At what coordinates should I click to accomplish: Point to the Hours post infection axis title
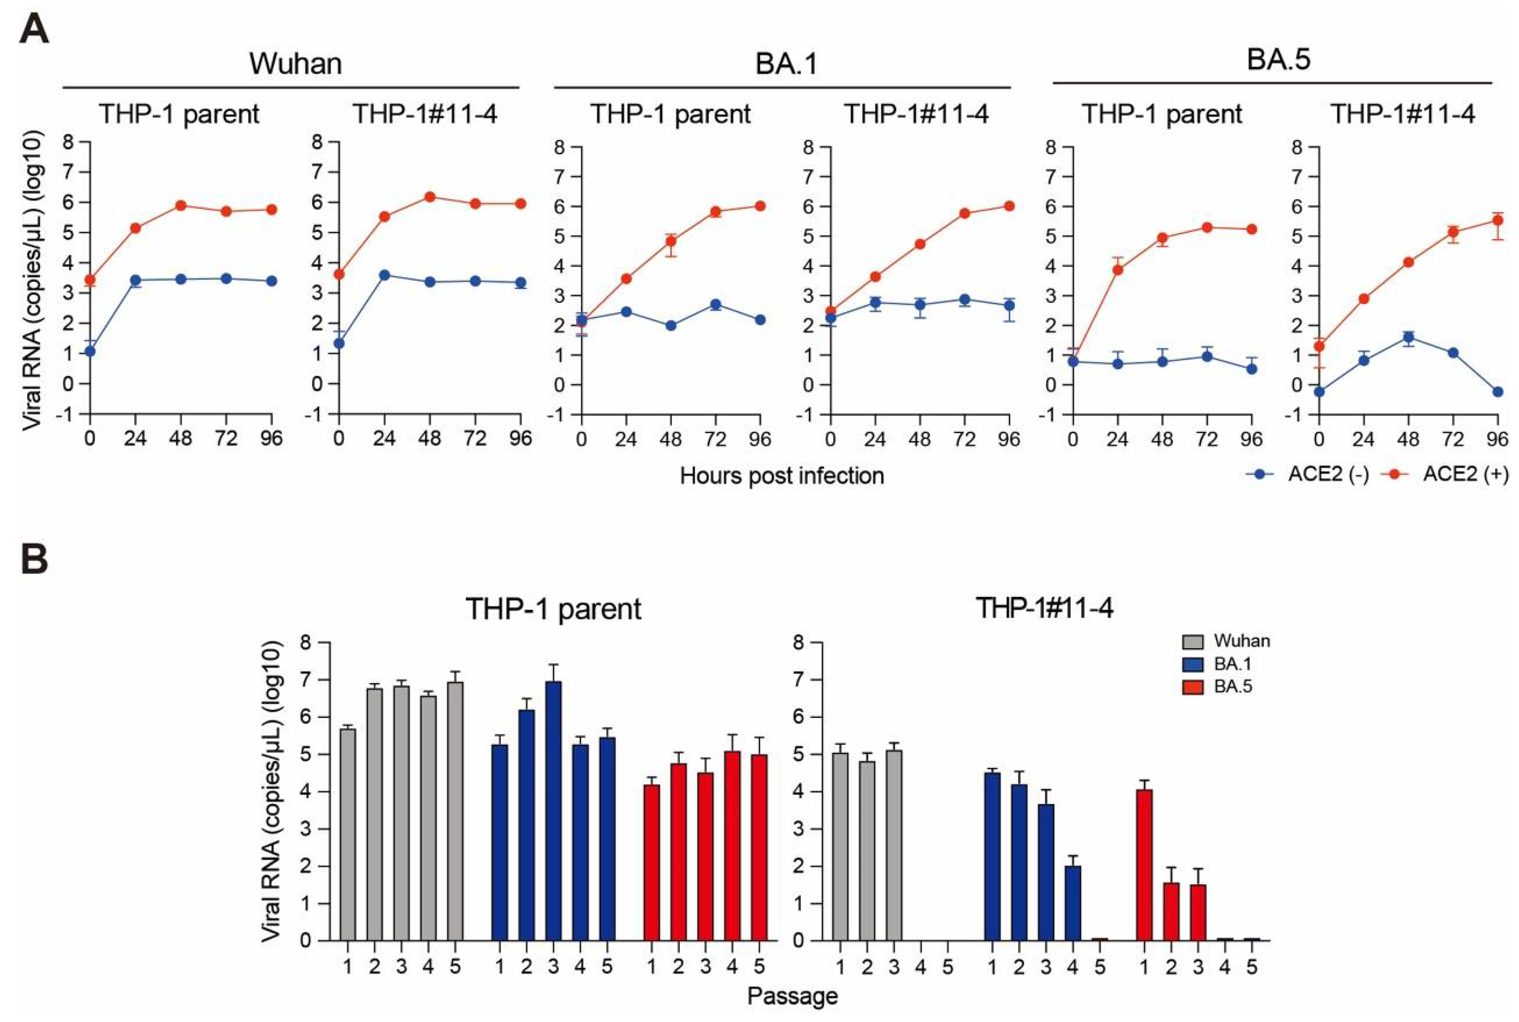pyautogui.click(x=781, y=476)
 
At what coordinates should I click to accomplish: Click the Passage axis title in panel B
pyautogui.click(x=792, y=996)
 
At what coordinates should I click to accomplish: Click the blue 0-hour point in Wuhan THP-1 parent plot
pyautogui.click(x=90, y=351)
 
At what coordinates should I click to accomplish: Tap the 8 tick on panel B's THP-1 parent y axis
pyautogui.click(x=305, y=643)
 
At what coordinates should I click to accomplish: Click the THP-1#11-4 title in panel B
pyautogui.click(x=1043, y=608)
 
